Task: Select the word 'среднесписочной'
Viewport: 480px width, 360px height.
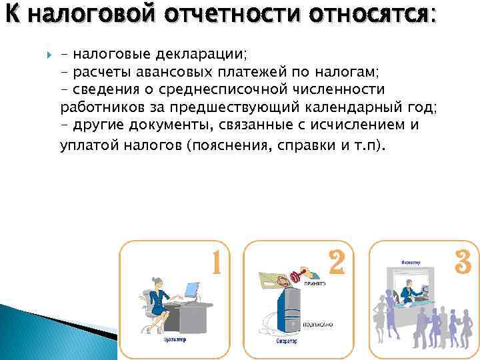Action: pos(226,89)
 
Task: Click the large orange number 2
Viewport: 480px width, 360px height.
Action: pos(337,263)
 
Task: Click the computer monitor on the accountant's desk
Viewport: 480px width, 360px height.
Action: pos(192,291)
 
